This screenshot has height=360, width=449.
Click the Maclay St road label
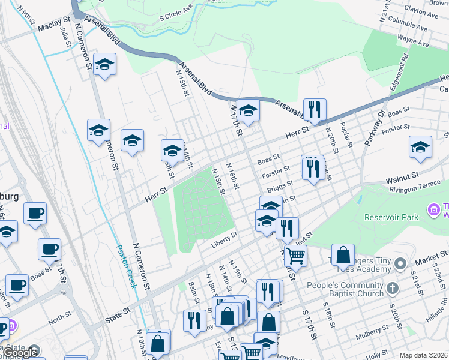[54, 28]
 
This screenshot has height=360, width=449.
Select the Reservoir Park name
[394, 217]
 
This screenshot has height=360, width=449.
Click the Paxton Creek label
[127, 266]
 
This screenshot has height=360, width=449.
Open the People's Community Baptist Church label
[345, 289]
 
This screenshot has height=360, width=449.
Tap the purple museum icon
[432, 210]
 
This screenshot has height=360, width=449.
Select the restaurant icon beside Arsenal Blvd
[315, 110]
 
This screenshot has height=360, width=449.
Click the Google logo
[20, 353]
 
